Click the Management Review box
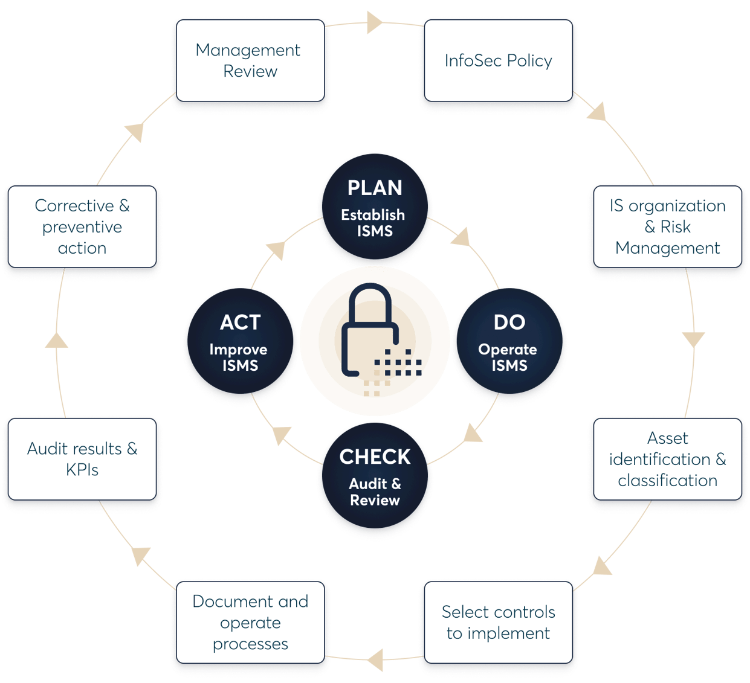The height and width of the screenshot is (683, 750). [250, 60]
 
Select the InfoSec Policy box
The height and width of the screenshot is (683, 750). [498, 60]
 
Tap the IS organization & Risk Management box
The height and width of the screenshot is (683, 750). [667, 226]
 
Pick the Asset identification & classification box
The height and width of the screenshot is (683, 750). [667, 459]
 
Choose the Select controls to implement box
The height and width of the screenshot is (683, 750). [498, 622]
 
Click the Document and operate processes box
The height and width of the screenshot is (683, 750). [250, 622]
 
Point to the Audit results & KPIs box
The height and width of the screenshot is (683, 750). [82, 459]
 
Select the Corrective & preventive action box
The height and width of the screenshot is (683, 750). [82, 226]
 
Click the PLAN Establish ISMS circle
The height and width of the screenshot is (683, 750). [375, 209]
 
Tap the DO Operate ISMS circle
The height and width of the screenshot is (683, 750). [509, 343]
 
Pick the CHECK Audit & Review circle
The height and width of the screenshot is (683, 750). [375, 477]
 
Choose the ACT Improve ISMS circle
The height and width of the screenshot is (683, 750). [241, 343]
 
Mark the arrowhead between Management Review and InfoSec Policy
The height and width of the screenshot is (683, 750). [375, 22]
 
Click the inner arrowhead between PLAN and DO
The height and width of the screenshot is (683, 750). [462, 237]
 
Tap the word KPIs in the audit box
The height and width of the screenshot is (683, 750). [82, 470]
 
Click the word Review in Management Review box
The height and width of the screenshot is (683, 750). [250, 71]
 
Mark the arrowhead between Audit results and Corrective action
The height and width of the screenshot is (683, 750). [57, 340]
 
